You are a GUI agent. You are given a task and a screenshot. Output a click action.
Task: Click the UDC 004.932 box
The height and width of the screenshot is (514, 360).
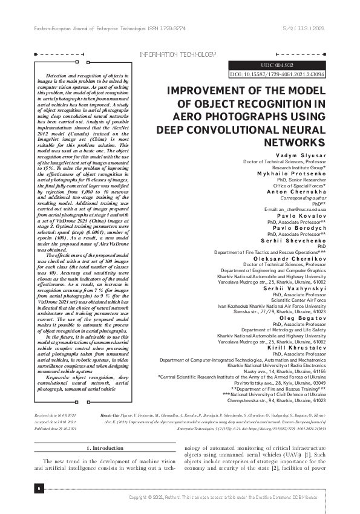pos(277,65)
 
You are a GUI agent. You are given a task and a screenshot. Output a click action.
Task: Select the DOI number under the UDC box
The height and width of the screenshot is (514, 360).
pos(278,74)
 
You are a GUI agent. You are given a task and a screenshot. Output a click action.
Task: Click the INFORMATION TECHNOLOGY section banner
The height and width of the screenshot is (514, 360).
pos(177,54)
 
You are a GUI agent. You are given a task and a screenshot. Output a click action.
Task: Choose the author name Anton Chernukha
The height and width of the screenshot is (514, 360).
pos(296,192)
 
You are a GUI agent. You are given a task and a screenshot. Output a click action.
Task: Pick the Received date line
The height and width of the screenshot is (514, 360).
pos(57,417)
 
